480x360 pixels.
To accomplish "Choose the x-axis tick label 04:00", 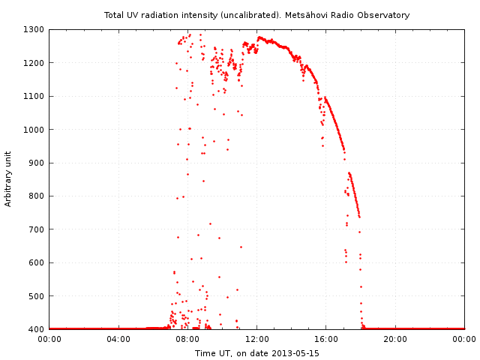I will [118, 340].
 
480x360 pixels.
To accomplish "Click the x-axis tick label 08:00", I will [187, 340].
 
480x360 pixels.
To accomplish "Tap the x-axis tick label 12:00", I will [257, 340].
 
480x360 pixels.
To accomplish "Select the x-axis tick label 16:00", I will [326, 340].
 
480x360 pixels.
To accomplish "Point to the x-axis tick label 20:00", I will [395, 340].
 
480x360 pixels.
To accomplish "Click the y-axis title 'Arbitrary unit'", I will [9, 179].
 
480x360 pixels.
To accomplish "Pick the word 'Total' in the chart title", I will [114, 15].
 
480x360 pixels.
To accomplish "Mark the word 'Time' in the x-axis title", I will [205, 353].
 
